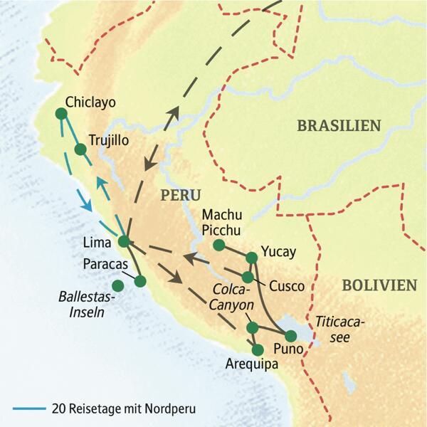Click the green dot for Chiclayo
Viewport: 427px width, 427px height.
61,114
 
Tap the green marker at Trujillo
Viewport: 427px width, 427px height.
80,149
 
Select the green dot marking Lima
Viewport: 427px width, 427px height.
123,241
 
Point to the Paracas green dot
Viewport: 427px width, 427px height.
140,281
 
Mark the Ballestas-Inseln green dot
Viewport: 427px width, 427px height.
118,285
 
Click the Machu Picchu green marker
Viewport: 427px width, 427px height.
219,246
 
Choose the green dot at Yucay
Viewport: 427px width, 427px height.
251,256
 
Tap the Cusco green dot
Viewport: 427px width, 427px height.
248,277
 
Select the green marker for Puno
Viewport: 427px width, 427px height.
291,335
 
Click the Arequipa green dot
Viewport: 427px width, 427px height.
258,349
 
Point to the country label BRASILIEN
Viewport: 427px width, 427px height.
339,126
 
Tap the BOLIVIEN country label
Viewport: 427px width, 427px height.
379,285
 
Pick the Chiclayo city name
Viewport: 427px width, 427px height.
90,102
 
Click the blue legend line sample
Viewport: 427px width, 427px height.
29,409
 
